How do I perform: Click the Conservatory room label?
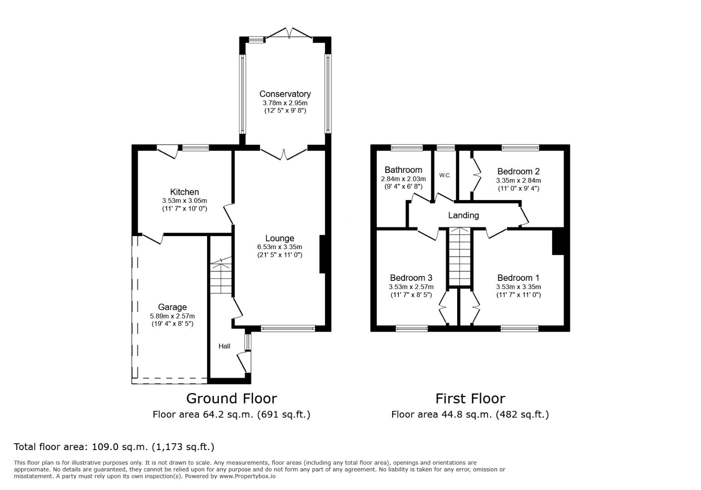[x=285, y=94]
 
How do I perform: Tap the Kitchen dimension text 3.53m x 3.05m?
[x=184, y=201]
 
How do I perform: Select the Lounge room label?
[x=280, y=238]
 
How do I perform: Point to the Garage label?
[x=172, y=307]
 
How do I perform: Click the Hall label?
[x=224, y=346]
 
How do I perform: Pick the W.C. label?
[x=445, y=176]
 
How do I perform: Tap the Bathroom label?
[x=403, y=170]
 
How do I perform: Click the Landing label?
[x=463, y=216]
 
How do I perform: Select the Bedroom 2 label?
[x=518, y=171]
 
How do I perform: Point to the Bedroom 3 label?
[x=411, y=278]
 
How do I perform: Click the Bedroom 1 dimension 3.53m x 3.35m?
[x=518, y=287]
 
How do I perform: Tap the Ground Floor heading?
[x=232, y=398]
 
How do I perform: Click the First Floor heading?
[x=470, y=398]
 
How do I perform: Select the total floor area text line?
[x=114, y=447]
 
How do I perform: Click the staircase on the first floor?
[x=460, y=257]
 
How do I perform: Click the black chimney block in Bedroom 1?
[x=558, y=242]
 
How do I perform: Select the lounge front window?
[x=288, y=328]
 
